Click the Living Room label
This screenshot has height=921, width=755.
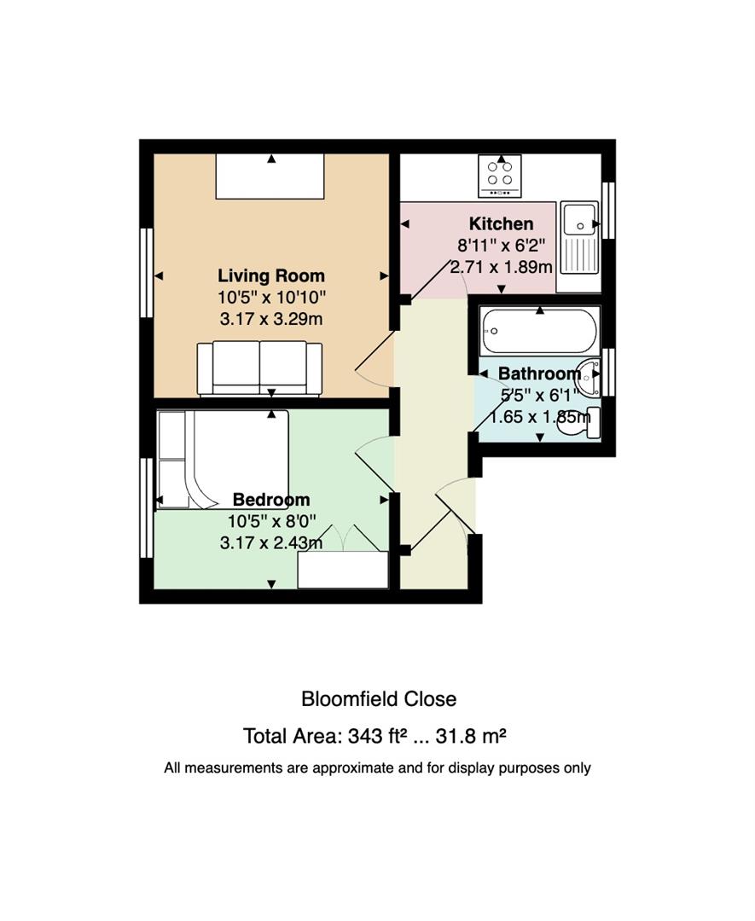pyautogui.click(x=270, y=275)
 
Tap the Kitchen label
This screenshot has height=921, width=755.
pyautogui.click(x=501, y=223)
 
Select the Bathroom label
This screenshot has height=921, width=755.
pyautogui.click(x=539, y=374)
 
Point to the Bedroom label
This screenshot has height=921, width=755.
pyautogui.click(x=270, y=500)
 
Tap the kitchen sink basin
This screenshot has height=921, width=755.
pyautogui.click(x=578, y=221)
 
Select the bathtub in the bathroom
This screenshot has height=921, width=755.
pyautogui.click(x=539, y=332)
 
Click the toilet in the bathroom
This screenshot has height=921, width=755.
pyautogui.click(x=582, y=423)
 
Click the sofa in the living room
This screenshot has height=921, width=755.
pyautogui.click(x=259, y=368)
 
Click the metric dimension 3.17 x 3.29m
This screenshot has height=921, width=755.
pyautogui.click(x=270, y=319)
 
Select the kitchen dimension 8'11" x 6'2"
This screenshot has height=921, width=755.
pyautogui.click(x=501, y=245)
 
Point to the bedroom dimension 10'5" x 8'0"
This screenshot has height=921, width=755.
pyautogui.click(x=271, y=521)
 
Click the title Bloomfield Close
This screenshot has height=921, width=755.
pyautogui.click(x=379, y=699)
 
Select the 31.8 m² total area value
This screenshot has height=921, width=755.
pyautogui.click(x=471, y=736)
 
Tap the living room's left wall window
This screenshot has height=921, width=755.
pyautogui.click(x=146, y=273)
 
